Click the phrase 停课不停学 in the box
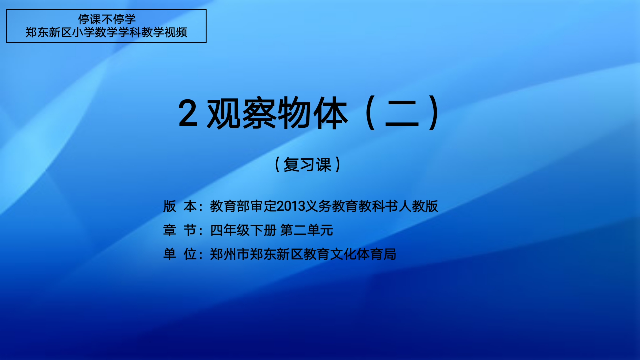click(107, 19)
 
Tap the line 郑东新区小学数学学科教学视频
click(106, 32)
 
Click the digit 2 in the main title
click(188, 113)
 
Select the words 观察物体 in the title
click(278, 113)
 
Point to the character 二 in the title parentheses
click(402, 113)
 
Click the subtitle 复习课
click(307, 165)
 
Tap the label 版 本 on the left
click(180, 207)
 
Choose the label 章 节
click(180, 230)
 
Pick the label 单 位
click(180, 254)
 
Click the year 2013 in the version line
click(291, 207)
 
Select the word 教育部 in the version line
click(230, 207)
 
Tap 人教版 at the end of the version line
click(418, 207)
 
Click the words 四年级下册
click(244, 230)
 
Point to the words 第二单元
click(307, 230)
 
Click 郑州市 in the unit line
click(230, 254)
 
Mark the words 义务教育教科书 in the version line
click(352, 207)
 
